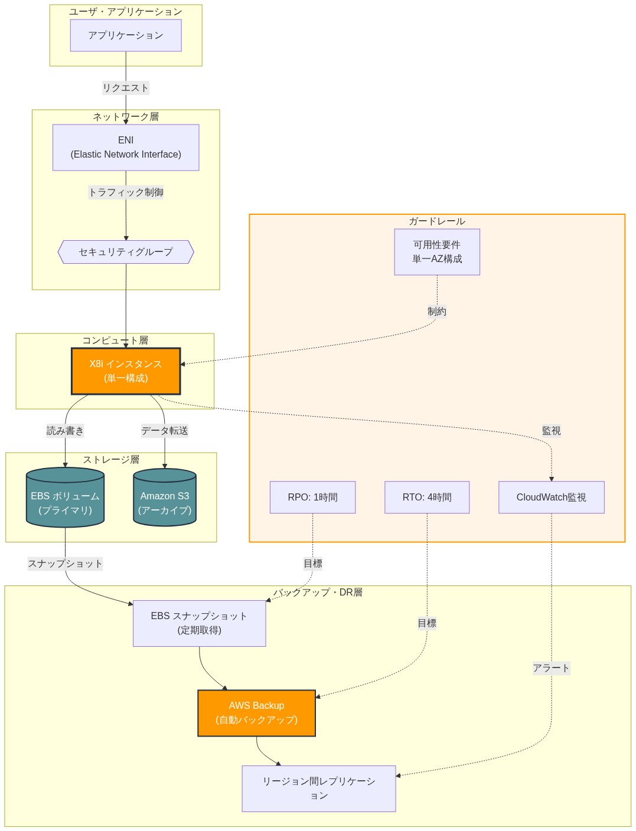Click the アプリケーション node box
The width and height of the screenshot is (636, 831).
126,35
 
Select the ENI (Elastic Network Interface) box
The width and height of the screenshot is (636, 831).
126,148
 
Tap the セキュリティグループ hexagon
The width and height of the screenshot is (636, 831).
126,252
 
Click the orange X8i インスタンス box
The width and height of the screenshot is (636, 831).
126,371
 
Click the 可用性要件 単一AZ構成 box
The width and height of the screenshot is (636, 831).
437,252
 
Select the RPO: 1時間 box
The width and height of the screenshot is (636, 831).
312,498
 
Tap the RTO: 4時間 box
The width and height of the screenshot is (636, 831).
427,498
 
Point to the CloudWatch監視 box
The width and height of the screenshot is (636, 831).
551,498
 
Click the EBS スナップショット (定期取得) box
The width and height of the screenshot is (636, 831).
199,623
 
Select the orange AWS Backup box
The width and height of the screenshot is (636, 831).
256,713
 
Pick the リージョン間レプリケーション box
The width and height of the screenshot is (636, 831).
318,789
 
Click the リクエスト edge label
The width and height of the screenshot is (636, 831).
126,88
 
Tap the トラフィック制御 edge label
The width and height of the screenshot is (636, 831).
126,192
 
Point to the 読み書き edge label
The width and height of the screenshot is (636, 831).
65,431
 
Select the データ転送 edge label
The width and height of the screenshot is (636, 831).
165,431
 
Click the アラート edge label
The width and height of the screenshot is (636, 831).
551,668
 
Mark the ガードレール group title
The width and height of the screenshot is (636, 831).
437,221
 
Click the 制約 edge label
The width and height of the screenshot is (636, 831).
437,312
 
